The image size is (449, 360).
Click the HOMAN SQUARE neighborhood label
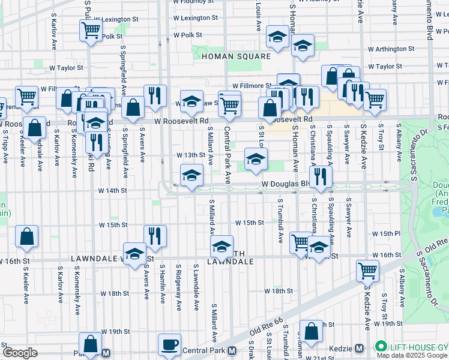coord(236,56)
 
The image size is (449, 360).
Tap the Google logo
coord(20,353)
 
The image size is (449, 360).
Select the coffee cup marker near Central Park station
coord(169,344)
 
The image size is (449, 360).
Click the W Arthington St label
coord(391,49)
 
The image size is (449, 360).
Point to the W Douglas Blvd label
coord(286,184)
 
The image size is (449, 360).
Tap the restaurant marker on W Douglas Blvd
coord(321,176)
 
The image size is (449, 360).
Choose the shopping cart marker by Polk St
coord(91,29)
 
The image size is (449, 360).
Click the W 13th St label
coord(191,155)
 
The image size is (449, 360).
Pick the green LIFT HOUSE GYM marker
coord(381,346)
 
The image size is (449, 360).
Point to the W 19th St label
coord(115,331)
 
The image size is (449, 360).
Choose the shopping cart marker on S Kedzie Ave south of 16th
coord(367,270)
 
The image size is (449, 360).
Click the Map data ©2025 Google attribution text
coord(411,355)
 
